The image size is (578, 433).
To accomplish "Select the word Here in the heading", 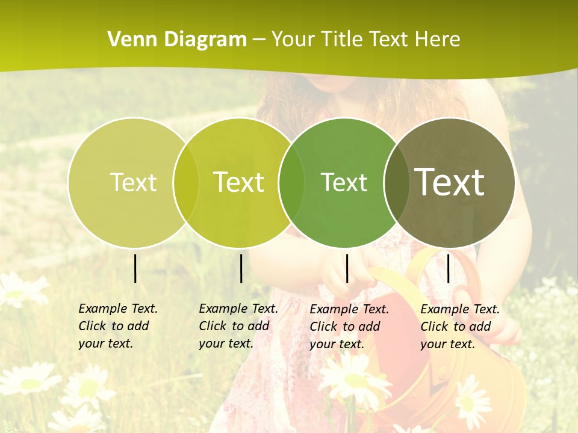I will pos(438,40).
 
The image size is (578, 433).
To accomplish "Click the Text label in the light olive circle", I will pos(133,182).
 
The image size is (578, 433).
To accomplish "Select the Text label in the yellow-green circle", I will pos(238,182).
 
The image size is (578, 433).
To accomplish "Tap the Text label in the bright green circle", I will pos(344,182).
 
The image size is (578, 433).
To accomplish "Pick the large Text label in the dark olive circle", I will pos(450,182).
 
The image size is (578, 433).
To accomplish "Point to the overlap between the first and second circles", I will pos(186,182).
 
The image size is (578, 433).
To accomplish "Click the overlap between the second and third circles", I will pos(291,182).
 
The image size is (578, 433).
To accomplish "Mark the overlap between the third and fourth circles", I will pos(396,182).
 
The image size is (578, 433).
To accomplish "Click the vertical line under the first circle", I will pos(135,268).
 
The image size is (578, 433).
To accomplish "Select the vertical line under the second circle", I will pos(241,268).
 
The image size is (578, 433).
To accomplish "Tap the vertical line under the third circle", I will pos(347,268).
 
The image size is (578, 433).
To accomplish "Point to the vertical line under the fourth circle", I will pos(448,268).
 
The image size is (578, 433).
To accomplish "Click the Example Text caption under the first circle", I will pos(117,326).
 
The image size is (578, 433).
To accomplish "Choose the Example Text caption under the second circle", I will pos(238,326).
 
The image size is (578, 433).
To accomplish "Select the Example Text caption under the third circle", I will pos(349,327).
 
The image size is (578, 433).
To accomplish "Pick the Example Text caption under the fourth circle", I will pos(459,327).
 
